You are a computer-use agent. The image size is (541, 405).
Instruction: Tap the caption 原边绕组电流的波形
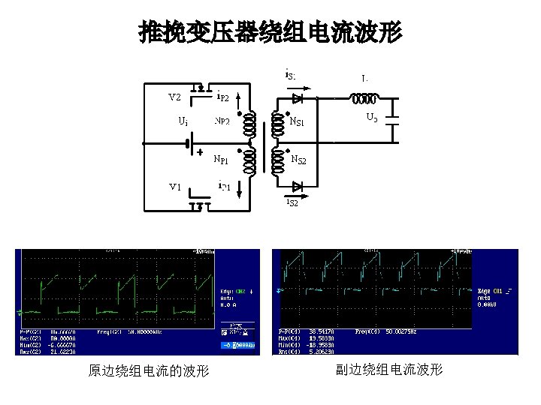pos(149,371)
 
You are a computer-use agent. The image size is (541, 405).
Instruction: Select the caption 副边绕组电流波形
pos(389,370)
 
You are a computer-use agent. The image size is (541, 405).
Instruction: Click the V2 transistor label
pos(174,97)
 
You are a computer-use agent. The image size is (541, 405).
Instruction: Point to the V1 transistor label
pos(174,186)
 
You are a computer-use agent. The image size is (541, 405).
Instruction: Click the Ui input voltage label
pos(183,120)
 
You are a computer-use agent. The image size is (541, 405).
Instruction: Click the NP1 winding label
pos(222,159)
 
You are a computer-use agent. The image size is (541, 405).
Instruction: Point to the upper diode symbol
pos(298,97)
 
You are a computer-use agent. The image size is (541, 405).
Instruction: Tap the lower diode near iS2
pos(298,186)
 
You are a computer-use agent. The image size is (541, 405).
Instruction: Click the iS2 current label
pos(292,202)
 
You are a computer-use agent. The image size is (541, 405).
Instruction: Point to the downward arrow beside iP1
pos(238,187)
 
